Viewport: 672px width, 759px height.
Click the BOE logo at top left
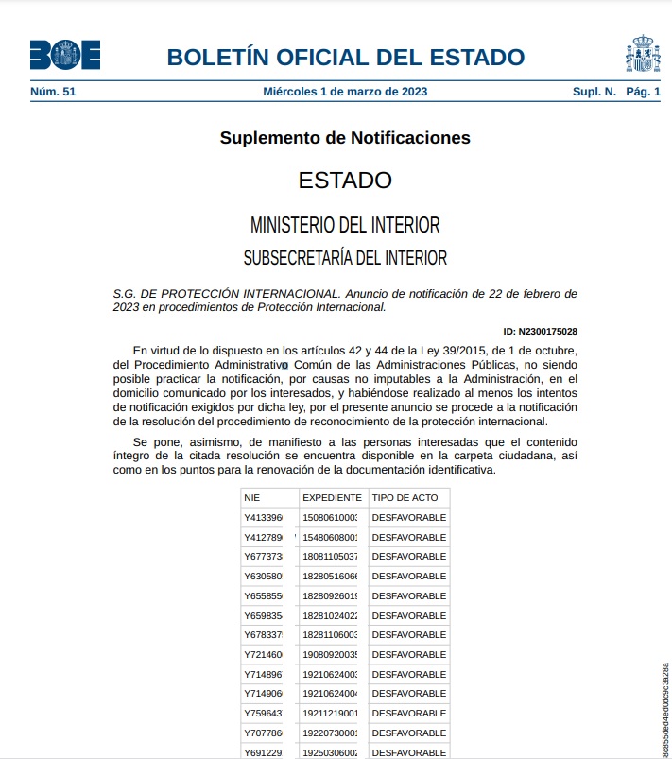64,56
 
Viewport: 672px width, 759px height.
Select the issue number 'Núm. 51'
53,92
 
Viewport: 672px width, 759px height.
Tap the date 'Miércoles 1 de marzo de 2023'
345,92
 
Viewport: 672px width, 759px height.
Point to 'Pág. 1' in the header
643,92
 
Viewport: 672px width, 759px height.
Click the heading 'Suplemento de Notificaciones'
345,138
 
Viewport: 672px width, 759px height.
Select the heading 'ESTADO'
345,180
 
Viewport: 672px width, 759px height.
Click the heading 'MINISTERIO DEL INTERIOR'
345,225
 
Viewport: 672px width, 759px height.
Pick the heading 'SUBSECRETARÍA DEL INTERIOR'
345,257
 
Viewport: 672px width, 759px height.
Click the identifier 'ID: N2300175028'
541,332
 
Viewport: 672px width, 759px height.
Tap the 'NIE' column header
252,497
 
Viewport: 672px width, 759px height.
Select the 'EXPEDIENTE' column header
332,497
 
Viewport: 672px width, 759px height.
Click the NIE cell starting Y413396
264,517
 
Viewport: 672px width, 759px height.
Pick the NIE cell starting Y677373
264,557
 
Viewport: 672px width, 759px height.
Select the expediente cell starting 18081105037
331,557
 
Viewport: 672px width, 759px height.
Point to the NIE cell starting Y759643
264,713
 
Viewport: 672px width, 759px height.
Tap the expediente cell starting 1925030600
331,752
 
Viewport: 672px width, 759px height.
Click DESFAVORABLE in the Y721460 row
409,654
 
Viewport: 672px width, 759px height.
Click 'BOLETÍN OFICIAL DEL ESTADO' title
345,57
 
